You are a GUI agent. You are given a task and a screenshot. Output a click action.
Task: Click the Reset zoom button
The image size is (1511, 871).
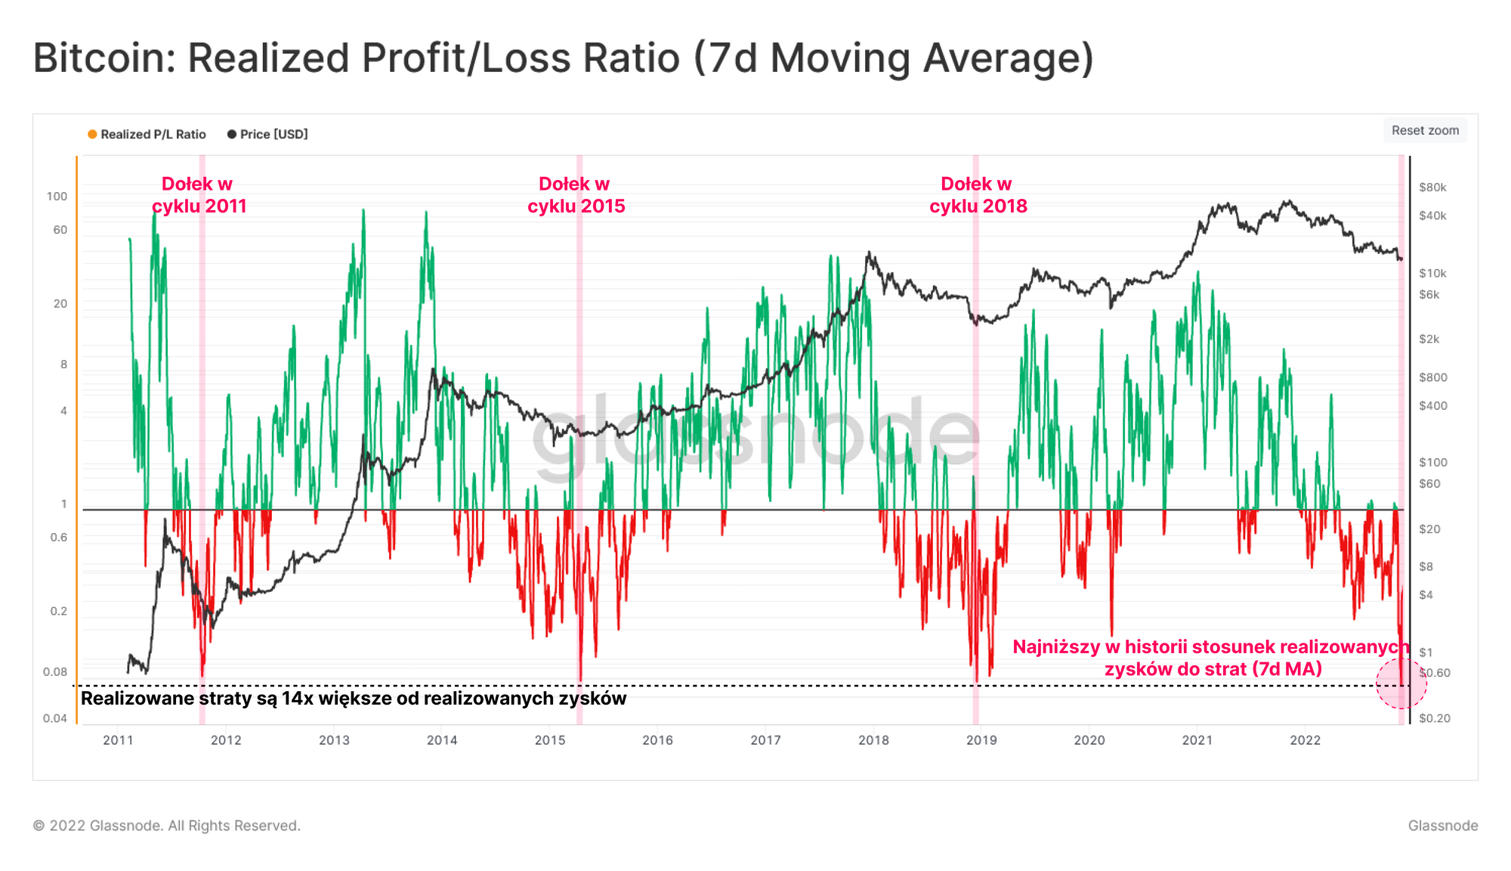[1425, 130]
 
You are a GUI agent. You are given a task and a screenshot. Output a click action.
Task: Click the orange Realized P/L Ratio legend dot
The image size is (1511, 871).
[92, 135]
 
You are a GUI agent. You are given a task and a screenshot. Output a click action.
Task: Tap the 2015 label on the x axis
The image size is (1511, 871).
[550, 740]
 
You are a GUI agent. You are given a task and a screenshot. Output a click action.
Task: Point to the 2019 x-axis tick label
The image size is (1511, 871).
[981, 740]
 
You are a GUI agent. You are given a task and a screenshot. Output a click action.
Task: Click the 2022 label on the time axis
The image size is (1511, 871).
[1306, 740]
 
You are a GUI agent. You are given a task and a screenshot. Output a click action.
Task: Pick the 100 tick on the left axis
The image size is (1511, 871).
[57, 197]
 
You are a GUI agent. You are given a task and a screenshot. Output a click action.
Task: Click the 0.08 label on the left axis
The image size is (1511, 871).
[54, 672]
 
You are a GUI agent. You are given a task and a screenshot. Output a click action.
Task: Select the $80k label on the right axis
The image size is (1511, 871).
[1432, 188]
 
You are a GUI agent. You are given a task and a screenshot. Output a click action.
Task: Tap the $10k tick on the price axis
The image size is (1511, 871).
[1432, 273]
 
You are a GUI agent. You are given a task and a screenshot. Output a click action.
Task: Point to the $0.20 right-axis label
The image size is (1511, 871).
[1434, 718]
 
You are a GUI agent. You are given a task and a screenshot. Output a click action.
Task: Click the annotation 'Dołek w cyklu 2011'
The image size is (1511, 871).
[199, 195]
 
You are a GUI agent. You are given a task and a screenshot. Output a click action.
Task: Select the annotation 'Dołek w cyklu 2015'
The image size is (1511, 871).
[576, 195]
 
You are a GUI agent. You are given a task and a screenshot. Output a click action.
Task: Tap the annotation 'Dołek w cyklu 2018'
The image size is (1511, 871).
[978, 195]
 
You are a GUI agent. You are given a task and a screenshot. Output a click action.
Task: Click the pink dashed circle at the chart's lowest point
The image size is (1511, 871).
[1401, 683]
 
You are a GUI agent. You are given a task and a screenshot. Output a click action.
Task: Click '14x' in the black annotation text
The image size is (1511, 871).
[297, 699]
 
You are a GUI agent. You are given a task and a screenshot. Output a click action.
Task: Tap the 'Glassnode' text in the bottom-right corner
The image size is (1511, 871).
[1442, 826]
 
